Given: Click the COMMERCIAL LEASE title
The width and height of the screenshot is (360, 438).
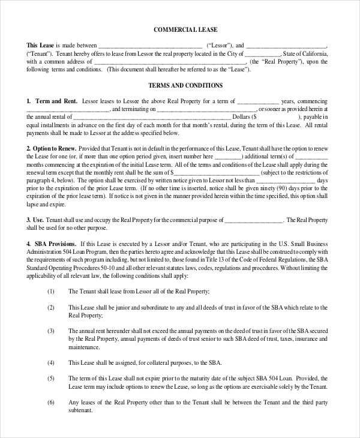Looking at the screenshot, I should [x=185, y=29].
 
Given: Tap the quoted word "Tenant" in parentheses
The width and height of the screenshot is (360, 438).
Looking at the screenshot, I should [x=39, y=53].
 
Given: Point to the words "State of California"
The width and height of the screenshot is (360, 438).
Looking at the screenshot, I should [x=305, y=53].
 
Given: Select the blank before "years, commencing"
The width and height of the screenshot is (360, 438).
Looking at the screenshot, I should [x=257, y=101].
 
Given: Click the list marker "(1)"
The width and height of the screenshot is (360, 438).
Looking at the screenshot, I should [x=51, y=291].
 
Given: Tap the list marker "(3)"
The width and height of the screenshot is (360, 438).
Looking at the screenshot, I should [x=51, y=331].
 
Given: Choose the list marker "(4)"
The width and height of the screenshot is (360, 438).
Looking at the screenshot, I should [x=51, y=362].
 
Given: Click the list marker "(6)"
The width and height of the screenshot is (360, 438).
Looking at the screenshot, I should [x=51, y=402].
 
